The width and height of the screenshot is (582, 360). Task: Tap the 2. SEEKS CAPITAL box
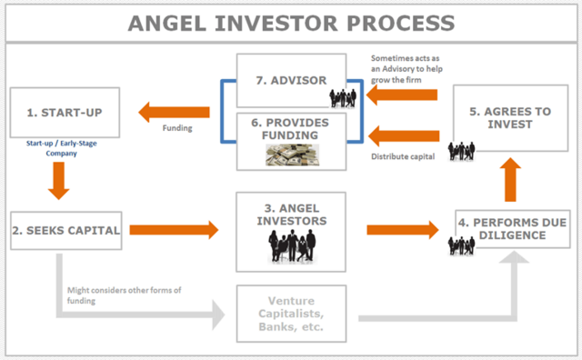(66, 230)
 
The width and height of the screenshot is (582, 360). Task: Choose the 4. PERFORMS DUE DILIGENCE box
(513, 229)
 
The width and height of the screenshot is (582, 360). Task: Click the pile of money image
(292, 155)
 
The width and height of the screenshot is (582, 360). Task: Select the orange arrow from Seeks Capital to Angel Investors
(174, 230)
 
